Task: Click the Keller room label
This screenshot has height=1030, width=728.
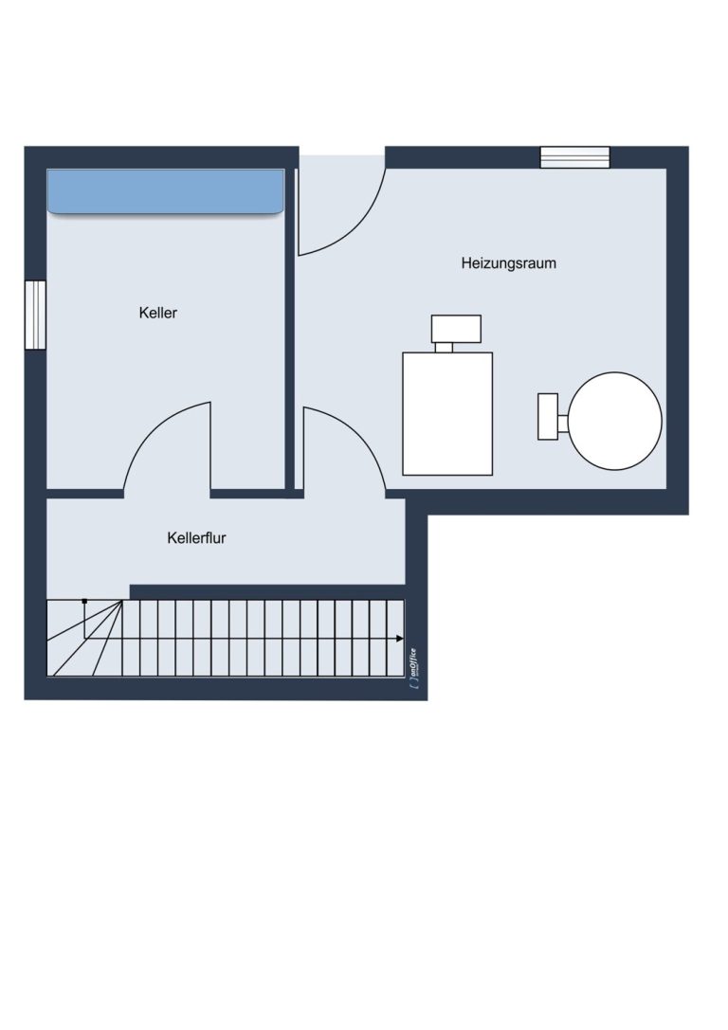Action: (x=157, y=313)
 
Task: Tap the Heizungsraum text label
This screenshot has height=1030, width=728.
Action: (x=508, y=263)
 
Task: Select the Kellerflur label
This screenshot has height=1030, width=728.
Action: (x=196, y=538)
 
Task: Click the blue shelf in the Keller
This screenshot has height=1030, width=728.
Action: (x=166, y=191)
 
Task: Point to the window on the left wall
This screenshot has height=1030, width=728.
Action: (x=35, y=315)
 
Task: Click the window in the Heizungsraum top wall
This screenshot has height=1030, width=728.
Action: (x=574, y=157)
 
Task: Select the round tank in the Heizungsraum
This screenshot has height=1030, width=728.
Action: (x=615, y=421)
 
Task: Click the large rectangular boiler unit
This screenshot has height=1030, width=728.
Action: (x=447, y=414)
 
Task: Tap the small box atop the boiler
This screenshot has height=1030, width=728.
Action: (x=456, y=329)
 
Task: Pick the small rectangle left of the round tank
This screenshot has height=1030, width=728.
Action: (x=548, y=417)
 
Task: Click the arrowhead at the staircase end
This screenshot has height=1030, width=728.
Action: (x=400, y=639)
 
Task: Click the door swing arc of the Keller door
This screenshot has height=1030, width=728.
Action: (x=153, y=425)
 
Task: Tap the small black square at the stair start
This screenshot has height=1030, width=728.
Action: (x=84, y=601)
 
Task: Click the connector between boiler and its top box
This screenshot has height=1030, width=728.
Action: (x=445, y=348)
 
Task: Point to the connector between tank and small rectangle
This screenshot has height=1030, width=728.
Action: (x=563, y=424)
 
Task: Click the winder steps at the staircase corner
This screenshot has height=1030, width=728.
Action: (x=84, y=638)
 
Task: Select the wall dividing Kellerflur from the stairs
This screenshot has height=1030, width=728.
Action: (x=267, y=592)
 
